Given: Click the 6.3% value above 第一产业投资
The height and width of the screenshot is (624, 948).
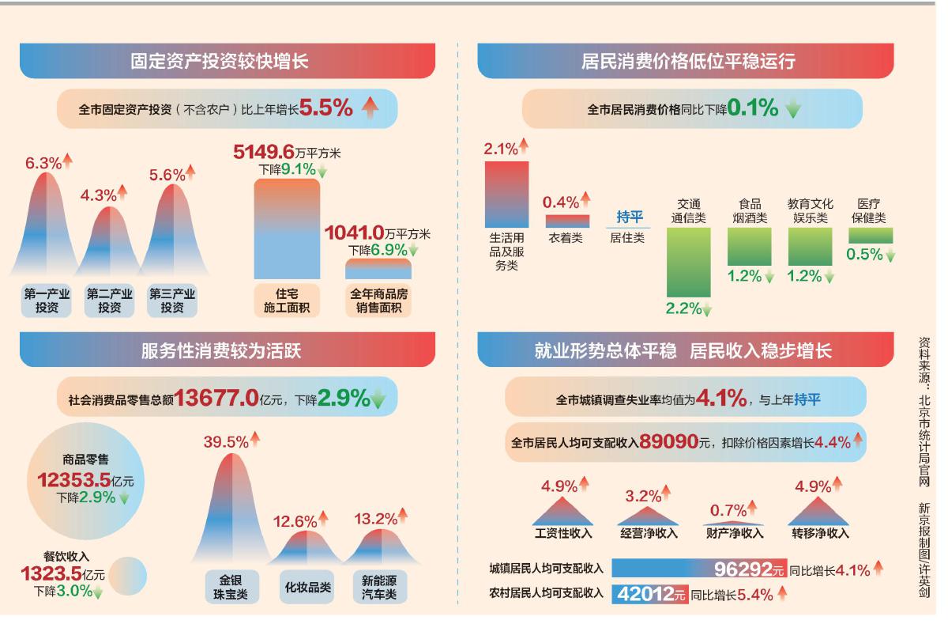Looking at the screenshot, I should point(43,164).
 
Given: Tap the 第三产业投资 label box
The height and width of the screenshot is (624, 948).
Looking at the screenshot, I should point(173,301).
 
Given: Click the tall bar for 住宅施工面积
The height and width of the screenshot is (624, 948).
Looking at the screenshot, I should point(287,229).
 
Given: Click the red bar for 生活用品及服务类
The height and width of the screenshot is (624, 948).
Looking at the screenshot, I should point(506,194).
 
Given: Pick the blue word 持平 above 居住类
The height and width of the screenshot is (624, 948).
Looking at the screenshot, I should point(630,217).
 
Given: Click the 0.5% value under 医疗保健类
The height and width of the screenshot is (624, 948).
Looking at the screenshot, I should point(864,255).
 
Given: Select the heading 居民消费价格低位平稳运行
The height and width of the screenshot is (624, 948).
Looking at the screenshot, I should point(686,60).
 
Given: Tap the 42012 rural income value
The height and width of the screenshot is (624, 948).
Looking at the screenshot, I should point(642,595).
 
